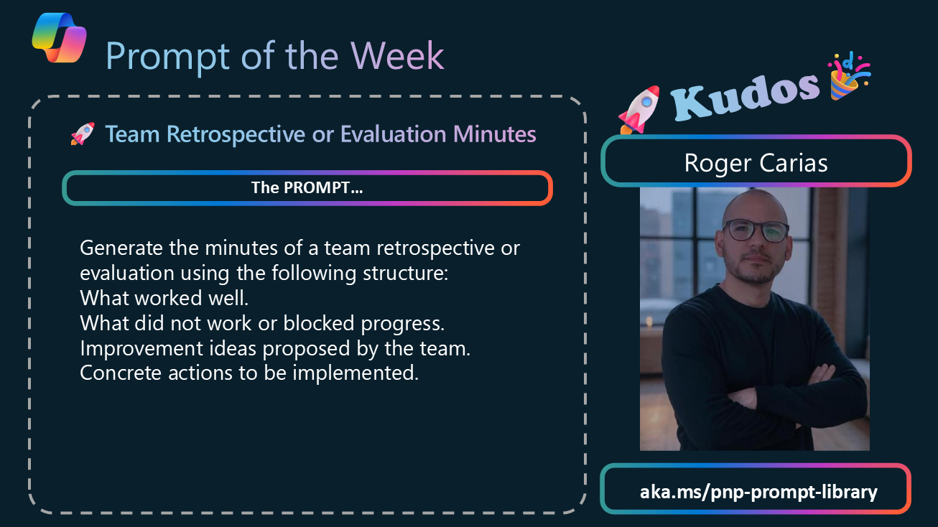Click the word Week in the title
click(397, 56)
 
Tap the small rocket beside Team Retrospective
click(83, 134)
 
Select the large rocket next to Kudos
click(639, 110)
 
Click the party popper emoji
click(848, 76)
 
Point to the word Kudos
click(745, 96)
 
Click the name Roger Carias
click(756, 162)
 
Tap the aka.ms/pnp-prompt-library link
click(758, 492)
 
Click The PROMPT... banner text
click(307, 187)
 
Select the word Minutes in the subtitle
click(494, 134)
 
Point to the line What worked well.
click(164, 298)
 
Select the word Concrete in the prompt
click(121, 373)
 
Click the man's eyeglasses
click(756, 230)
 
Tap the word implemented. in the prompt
click(356, 373)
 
